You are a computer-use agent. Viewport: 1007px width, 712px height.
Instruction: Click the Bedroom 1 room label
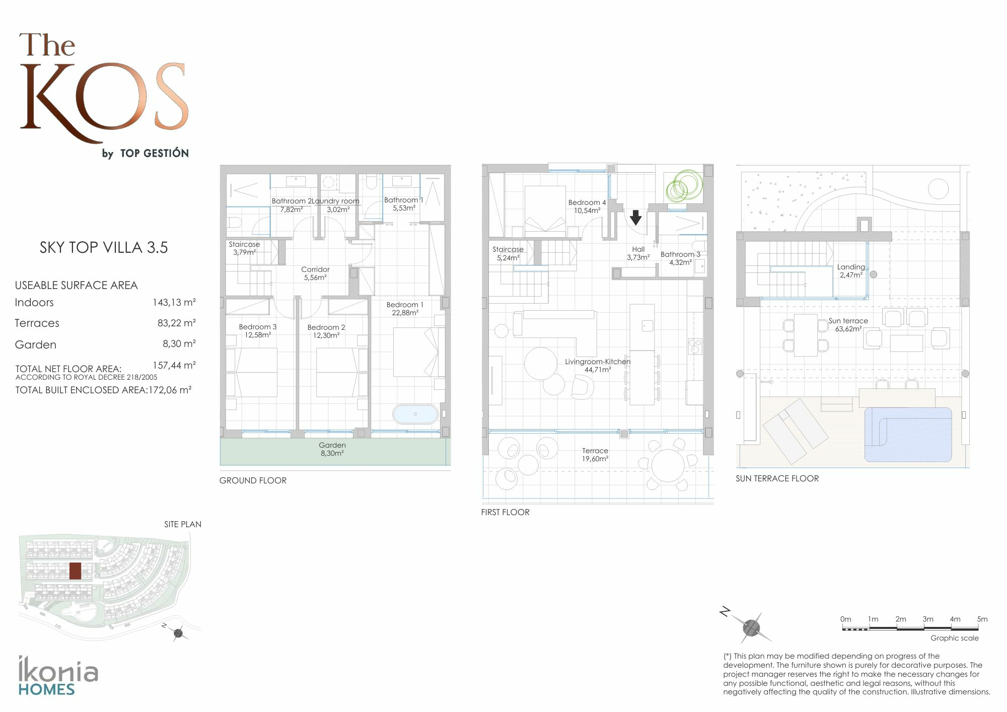pos(405,309)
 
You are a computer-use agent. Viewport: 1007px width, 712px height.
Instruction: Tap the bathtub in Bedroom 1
pos(415,414)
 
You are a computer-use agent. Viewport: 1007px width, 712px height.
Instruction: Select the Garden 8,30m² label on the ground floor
pos(332,449)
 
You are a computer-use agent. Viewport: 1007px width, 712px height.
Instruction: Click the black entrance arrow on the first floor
pos(636,218)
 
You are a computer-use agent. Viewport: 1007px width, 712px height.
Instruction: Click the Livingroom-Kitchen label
pos(598,366)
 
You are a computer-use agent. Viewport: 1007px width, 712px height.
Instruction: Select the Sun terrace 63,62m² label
pos(848,325)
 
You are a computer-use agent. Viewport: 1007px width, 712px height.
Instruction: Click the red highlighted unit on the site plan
pos(75,571)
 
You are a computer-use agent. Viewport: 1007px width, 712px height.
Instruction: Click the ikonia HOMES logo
pos(58,676)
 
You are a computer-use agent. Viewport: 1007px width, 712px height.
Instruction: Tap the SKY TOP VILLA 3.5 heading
pos(104,247)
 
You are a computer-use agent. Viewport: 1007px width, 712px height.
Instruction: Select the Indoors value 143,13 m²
pos(174,302)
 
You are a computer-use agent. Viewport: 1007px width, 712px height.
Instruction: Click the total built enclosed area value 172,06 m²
pos(170,390)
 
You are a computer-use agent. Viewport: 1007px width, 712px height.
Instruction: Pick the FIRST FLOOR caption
pos(505,512)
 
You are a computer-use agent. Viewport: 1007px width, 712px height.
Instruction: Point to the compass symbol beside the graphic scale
pos(750,627)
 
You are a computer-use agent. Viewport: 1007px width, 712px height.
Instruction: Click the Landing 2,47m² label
pos(851,271)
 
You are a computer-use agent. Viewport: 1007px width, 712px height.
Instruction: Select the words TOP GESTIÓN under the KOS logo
pos(155,153)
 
